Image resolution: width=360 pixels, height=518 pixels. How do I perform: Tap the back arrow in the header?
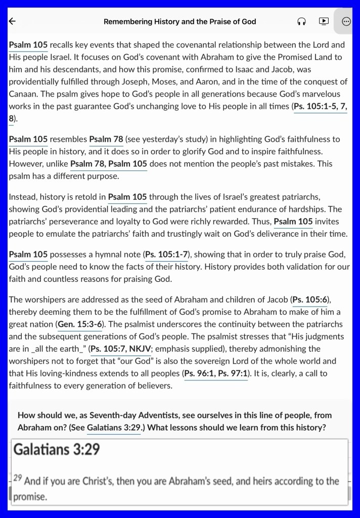click(x=13, y=21)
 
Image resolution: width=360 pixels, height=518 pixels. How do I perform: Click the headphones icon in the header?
click(x=302, y=21)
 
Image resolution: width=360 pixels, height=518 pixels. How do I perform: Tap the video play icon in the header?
click(x=324, y=21)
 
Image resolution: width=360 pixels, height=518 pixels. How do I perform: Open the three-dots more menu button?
click(x=346, y=21)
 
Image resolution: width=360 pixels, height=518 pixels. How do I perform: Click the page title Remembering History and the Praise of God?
click(x=179, y=21)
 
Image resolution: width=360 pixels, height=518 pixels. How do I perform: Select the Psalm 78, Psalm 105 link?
click(x=109, y=163)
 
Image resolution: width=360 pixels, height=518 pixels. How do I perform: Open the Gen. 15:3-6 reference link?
click(x=79, y=324)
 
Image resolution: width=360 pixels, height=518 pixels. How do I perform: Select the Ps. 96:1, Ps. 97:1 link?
click(x=215, y=373)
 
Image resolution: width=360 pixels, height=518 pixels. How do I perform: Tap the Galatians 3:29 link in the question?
click(x=113, y=427)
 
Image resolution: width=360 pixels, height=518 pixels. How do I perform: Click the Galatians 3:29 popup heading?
click(x=57, y=449)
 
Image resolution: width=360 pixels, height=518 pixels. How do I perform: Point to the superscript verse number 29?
click(x=18, y=477)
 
